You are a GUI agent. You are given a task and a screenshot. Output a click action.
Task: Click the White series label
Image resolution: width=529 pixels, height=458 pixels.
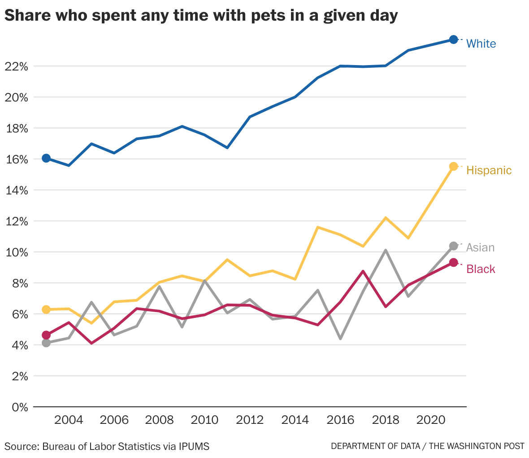tap(481, 44)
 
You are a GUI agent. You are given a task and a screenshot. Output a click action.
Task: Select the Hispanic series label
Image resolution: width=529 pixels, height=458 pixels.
tap(489, 170)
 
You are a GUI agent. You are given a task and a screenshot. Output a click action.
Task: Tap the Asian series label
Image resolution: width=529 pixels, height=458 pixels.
tap(480, 247)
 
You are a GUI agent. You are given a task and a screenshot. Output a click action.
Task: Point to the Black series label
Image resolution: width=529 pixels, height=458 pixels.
tap(481, 269)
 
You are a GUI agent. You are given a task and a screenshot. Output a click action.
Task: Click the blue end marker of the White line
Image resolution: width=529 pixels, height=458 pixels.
tap(453, 40)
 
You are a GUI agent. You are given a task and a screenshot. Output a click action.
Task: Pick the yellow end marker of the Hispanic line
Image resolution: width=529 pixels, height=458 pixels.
tap(453, 166)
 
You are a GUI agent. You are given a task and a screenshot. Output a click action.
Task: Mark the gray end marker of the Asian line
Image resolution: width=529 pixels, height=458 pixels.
tap(453, 246)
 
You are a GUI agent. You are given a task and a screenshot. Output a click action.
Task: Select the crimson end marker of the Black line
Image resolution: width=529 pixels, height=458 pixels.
tap(453, 262)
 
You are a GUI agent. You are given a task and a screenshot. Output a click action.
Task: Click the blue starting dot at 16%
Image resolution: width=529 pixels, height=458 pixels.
tap(46, 158)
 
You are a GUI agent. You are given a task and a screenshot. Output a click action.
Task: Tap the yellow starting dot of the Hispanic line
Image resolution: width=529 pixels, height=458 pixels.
tap(46, 309)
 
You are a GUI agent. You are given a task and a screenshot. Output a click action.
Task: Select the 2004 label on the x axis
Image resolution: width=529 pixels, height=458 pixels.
tap(69, 420)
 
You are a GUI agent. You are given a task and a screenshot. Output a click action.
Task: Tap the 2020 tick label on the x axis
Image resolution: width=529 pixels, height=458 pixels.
tap(430, 420)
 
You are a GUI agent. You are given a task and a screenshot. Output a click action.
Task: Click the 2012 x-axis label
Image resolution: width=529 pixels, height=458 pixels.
tap(250, 420)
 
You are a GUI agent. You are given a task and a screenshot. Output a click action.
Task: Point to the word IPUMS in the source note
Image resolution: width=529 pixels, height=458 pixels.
tap(194, 446)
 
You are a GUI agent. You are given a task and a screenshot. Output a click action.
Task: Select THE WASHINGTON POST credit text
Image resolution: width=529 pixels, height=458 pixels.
tap(477, 446)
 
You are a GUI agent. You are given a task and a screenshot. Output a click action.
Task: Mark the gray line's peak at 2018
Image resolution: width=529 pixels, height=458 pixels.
tap(386, 250)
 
